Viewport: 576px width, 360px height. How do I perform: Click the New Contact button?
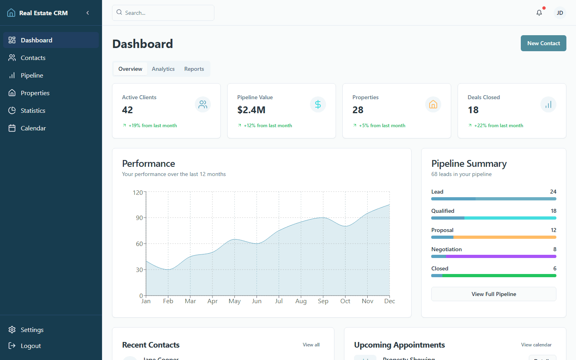coord(543,43)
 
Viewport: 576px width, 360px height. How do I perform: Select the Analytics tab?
coord(163,69)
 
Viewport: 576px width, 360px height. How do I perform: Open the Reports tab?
coord(194,69)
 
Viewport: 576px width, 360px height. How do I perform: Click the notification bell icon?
coord(539,13)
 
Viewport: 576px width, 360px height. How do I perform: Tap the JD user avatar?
coord(560,13)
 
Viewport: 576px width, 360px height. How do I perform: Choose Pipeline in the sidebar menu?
coord(32,75)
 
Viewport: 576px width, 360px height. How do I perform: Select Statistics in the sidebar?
coord(33,110)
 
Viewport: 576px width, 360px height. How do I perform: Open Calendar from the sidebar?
coord(33,128)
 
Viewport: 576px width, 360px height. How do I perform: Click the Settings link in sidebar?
coord(32,330)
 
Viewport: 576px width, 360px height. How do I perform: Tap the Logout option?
coord(31,346)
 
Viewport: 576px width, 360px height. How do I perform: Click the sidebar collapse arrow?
coord(88,13)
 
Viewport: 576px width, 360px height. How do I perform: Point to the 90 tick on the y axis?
coord(139,218)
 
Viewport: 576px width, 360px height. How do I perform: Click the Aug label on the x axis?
coord(301,301)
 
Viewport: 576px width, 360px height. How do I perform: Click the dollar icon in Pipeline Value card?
coord(318,104)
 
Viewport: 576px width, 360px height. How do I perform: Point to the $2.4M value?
coord(251,110)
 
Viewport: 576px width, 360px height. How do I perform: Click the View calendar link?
coord(536,345)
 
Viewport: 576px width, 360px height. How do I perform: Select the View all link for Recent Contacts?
coord(311,345)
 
